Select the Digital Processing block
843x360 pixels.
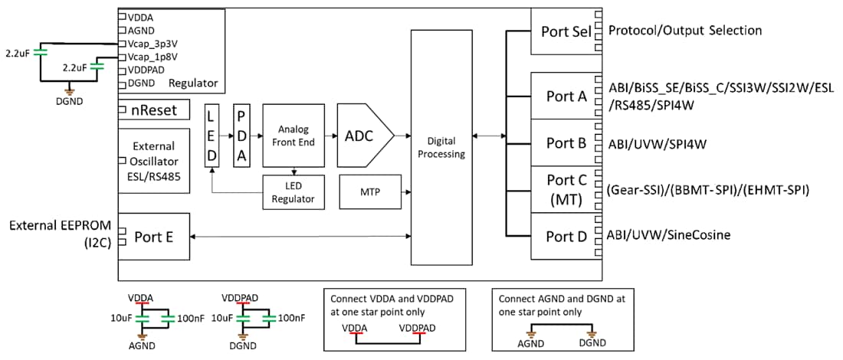coord(441,147)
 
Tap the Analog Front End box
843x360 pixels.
coord(293,136)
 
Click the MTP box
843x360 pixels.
coord(369,192)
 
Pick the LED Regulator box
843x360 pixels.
coord(293,192)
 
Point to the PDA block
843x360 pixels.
coord(241,136)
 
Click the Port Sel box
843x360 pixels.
coord(566,31)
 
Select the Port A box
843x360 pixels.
coord(566,97)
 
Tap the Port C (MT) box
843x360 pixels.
coord(566,188)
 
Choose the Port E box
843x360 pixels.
coord(153,236)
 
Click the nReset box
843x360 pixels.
coord(153,110)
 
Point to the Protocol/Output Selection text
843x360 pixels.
coord(684,31)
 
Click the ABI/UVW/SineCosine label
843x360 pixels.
coord(668,234)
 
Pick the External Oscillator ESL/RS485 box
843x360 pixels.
coord(153,161)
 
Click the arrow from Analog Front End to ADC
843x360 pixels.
coord(330,136)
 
